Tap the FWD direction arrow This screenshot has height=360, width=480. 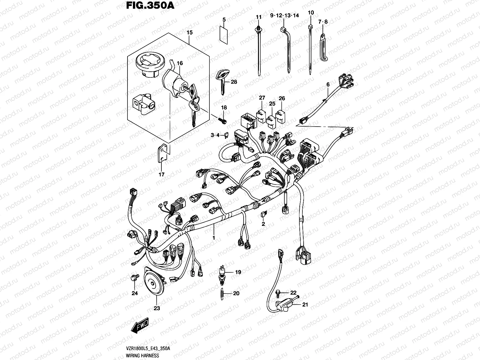point(140,328)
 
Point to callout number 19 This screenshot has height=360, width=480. point(238,272)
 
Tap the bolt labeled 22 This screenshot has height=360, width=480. point(278,292)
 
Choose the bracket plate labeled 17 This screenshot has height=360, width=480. point(162,153)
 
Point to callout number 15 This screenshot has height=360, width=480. point(190,32)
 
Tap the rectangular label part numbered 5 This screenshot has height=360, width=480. point(223,33)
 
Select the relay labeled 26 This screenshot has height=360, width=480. point(281,115)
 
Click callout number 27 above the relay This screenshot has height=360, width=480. point(262,98)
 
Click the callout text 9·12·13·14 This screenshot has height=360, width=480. point(284,16)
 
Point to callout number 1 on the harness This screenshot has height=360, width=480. point(214,238)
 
